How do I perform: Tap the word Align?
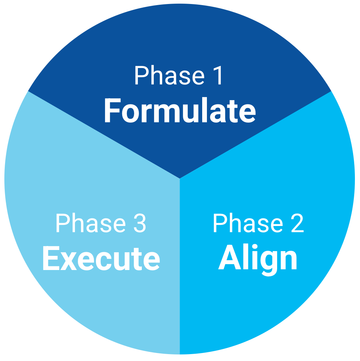point(258,259)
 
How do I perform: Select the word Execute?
point(101,259)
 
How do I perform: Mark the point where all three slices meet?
point(180,178)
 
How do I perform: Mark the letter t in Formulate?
point(236,111)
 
